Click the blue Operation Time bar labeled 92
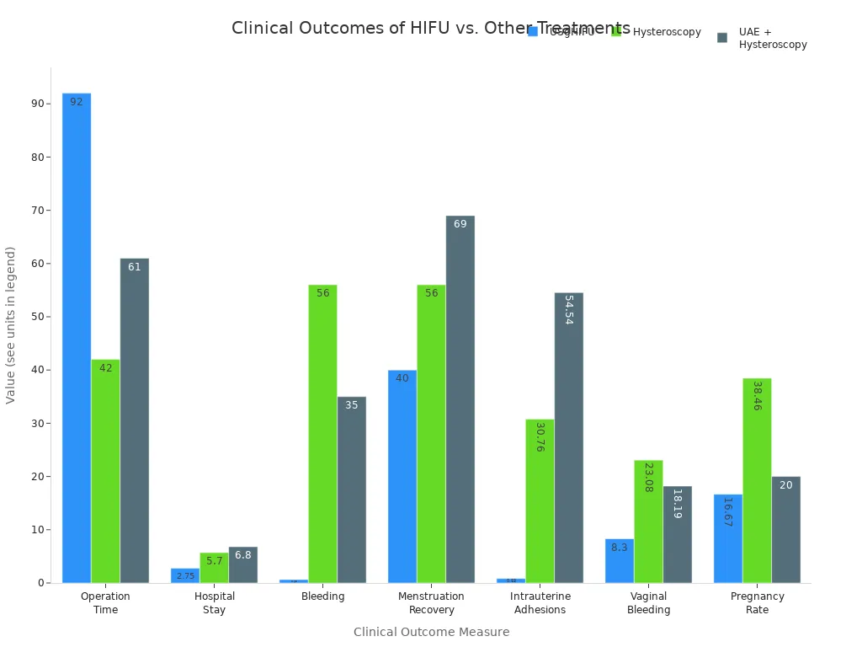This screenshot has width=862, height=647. click(x=77, y=337)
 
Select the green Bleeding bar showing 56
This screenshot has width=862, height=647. click(x=322, y=434)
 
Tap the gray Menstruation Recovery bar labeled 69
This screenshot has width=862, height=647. click(x=460, y=399)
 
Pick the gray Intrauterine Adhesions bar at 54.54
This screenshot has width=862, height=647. click(x=568, y=438)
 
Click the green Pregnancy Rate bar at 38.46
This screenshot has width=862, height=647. click(x=757, y=480)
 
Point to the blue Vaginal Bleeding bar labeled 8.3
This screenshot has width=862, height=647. click(x=619, y=561)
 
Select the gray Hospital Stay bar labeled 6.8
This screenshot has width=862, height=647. click(x=242, y=565)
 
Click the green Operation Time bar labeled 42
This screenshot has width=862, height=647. click(x=105, y=472)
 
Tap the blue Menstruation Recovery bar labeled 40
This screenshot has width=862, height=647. click(x=402, y=477)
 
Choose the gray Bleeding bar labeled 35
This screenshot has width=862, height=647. click(x=351, y=489)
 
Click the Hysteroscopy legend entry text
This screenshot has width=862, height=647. click(x=667, y=32)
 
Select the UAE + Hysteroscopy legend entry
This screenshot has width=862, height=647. click(x=772, y=38)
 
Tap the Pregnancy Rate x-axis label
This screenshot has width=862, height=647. click(x=757, y=602)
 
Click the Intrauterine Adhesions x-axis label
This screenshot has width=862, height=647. click(x=540, y=602)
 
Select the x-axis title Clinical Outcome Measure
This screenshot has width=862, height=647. click(x=431, y=632)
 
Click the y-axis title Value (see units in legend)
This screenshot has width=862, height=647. click(x=11, y=324)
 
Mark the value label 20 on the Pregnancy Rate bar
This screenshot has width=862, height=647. click(x=785, y=485)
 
